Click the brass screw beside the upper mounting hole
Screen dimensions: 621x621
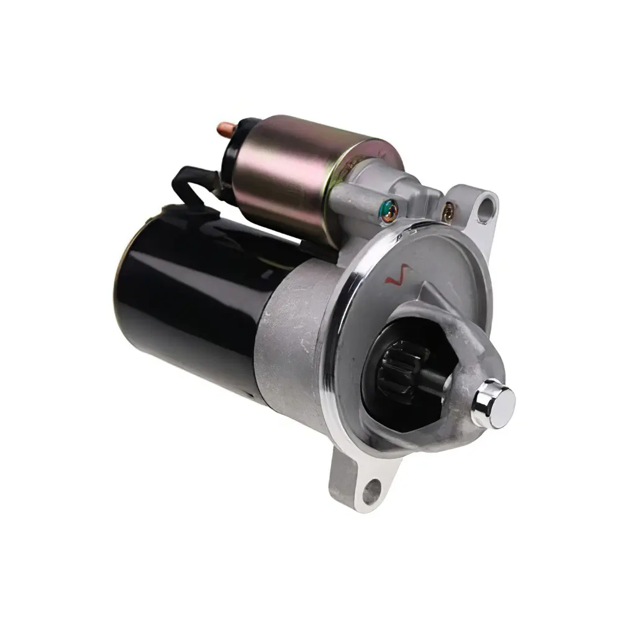click(447, 213)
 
